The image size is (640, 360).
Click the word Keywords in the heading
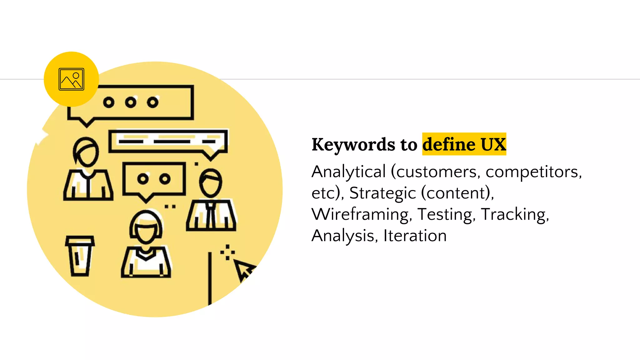[x=353, y=145]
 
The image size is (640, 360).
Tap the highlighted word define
[x=449, y=144]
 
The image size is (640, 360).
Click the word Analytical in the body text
[x=349, y=172]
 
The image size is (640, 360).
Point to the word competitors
[x=533, y=172]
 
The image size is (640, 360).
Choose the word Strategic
[x=382, y=193]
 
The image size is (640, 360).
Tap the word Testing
[x=445, y=214]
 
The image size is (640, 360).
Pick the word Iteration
[x=415, y=236]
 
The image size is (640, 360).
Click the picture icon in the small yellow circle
[x=71, y=79]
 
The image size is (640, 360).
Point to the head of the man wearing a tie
[x=211, y=183]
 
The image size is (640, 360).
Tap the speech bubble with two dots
[x=154, y=179]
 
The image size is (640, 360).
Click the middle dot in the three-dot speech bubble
[x=131, y=102]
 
